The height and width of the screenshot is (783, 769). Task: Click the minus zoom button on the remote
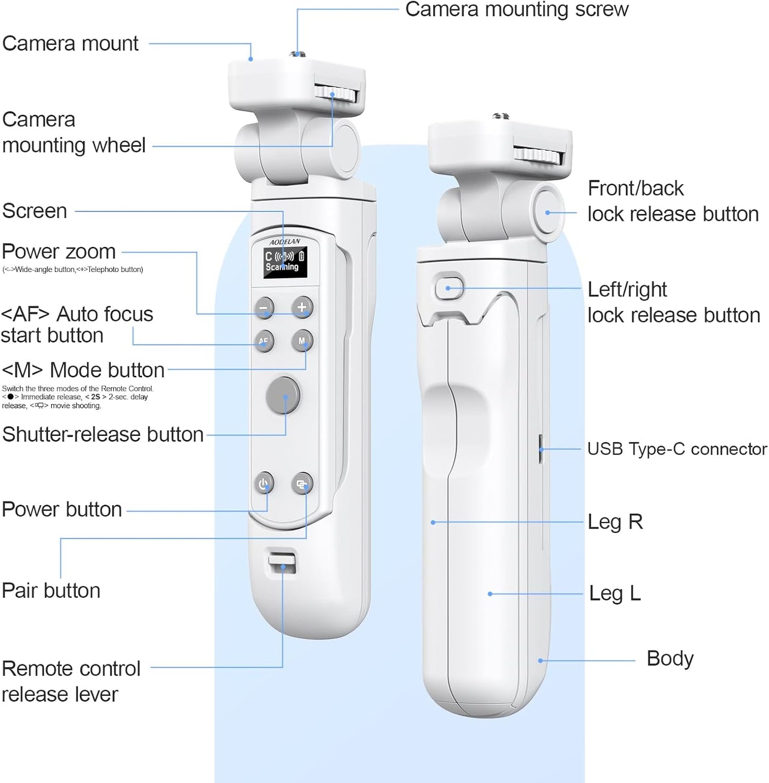tap(263, 308)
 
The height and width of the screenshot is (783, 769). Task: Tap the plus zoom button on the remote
tap(302, 307)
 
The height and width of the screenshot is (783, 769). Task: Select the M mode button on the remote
tap(302, 341)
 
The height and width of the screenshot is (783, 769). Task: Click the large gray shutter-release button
tap(283, 395)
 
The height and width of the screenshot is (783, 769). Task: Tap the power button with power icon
tap(263, 483)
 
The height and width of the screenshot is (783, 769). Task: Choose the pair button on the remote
tap(302, 483)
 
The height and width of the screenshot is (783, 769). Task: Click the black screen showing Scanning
tap(285, 262)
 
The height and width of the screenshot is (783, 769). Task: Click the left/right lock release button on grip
tap(449, 288)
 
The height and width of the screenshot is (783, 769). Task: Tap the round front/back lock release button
tap(548, 211)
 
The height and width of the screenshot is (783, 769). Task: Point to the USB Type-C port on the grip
tap(541, 449)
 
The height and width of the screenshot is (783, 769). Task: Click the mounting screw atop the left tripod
tap(296, 54)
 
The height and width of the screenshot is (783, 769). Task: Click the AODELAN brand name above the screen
tap(285, 242)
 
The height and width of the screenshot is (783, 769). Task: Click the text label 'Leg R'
tap(615, 522)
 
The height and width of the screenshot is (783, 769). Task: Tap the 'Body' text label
tap(669, 659)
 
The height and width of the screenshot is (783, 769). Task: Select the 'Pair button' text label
tap(51, 591)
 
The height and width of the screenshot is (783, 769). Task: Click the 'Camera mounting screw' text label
tap(516, 10)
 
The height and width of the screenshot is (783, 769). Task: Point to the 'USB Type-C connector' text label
tap(676, 449)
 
